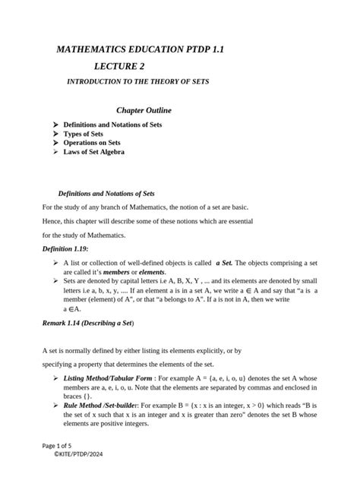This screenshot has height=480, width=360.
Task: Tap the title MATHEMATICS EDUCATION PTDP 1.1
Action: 140,49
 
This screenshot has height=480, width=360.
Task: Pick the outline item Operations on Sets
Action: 96,143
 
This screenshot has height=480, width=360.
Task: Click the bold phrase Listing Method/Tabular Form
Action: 106,377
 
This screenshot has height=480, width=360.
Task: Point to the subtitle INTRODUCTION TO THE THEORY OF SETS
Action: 138,81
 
